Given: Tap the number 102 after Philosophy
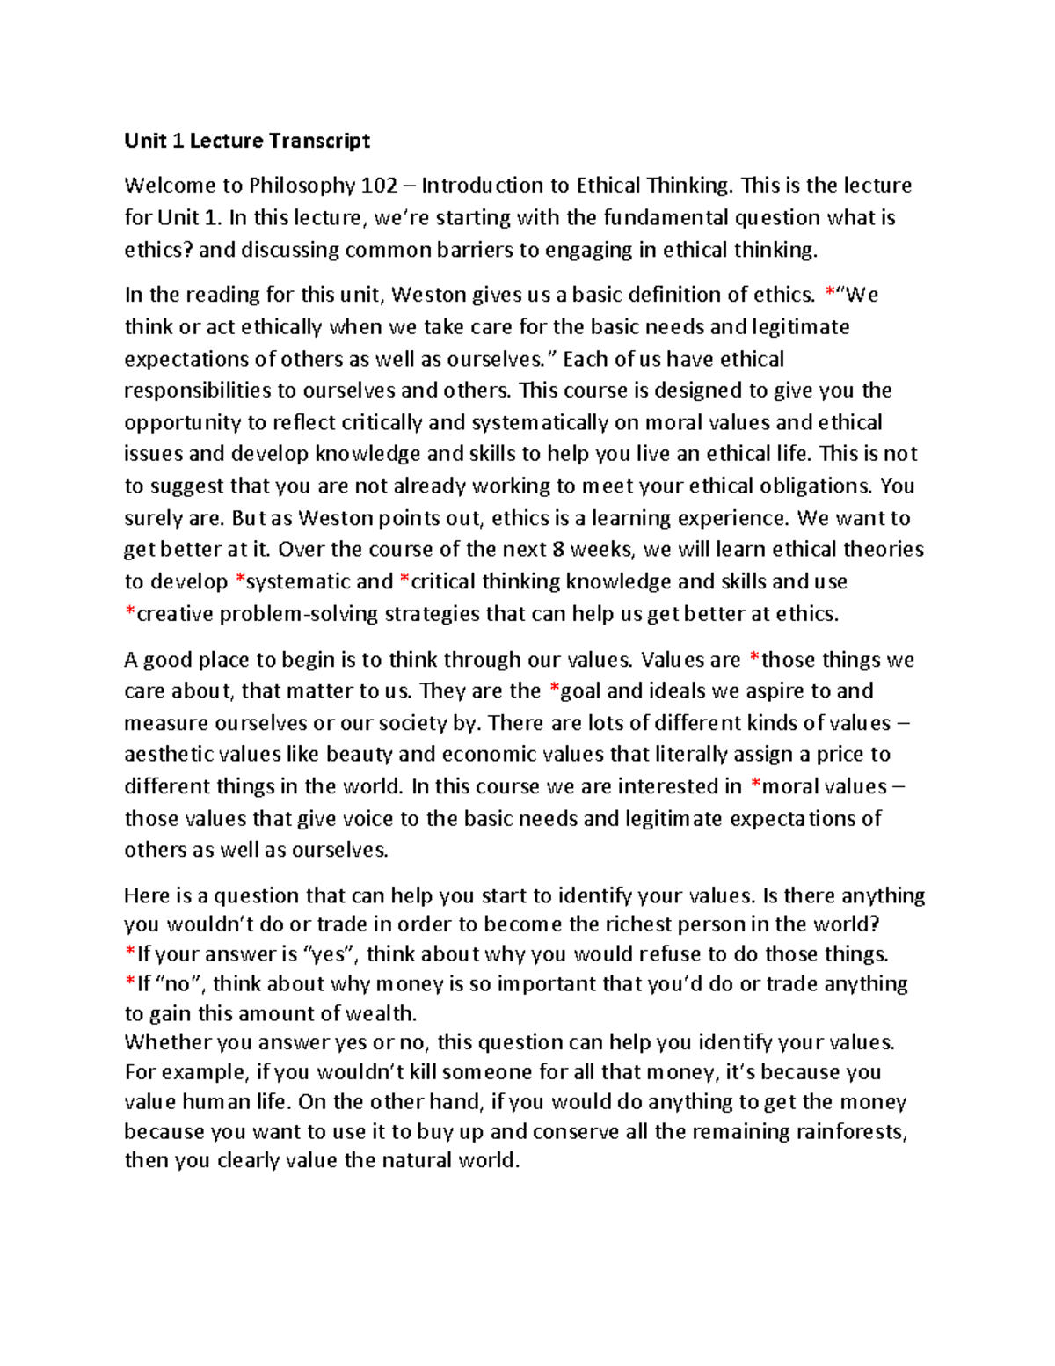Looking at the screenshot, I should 380,186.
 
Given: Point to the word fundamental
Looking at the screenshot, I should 659,217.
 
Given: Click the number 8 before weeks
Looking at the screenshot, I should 557,550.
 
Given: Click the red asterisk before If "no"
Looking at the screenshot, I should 130,982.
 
